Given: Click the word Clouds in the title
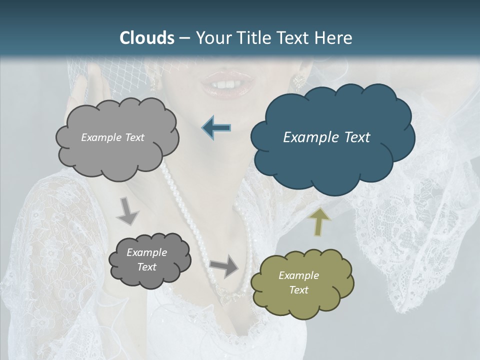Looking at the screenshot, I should click(x=147, y=38).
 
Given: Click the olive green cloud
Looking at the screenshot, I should click(x=301, y=283).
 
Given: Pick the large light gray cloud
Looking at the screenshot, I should click(x=117, y=137).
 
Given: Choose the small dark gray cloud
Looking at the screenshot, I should click(x=149, y=259).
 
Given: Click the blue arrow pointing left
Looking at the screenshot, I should click(x=216, y=128).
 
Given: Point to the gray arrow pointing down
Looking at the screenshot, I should click(x=128, y=212).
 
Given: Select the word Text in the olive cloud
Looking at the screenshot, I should click(x=298, y=290).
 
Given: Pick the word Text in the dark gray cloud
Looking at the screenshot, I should click(x=146, y=267).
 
